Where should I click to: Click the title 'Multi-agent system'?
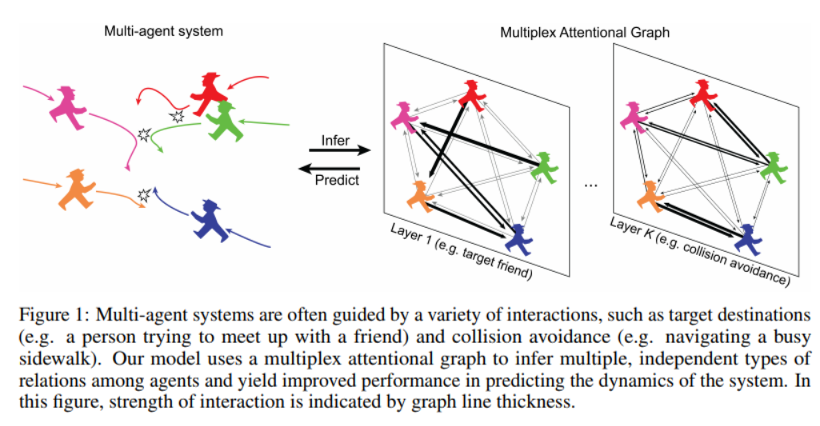(163, 31)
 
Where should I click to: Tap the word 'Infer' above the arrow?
(335, 140)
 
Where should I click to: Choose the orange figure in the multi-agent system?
(77, 189)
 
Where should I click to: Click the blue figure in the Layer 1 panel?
(519, 237)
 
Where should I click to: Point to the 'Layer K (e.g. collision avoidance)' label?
(699, 250)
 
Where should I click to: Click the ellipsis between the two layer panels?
(592, 186)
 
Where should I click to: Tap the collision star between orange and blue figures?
(145, 194)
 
